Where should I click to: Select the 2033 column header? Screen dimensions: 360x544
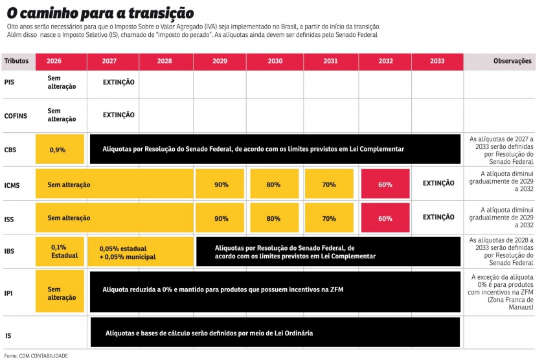pyautogui.click(x=436, y=61)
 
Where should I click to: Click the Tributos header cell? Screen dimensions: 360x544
pyautogui.click(x=17, y=61)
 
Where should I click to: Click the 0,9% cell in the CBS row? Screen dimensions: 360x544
pyautogui.click(x=60, y=150)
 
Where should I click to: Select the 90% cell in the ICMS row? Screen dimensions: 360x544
pyautogui.click(x=221, y=185)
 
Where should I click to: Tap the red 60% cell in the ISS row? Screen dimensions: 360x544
pyautogui.click(x=385, y=218)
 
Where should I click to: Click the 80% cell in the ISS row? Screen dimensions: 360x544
pyautogui.click(x=273, y=218)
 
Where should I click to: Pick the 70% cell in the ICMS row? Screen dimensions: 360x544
pyautogui.click(x=329, y=185)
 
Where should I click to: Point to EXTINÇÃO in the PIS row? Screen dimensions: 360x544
pyautogui.click(x=119, y=82)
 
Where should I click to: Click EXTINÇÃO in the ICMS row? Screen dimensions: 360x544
pyautogui.click(x=438, y=184)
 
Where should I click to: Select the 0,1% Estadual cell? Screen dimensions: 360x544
pyautogui.click(x=60, y=251)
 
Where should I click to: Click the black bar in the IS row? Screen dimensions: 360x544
pyautogui.click(x=275, y=333)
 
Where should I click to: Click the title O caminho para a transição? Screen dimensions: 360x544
pyautogui.click(x=100, y=12)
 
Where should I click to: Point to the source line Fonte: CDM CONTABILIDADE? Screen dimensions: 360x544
pyautogui.click(x=36, y=355)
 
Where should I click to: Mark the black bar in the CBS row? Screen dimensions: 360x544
pyautogui.click(x=275, y=150)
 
